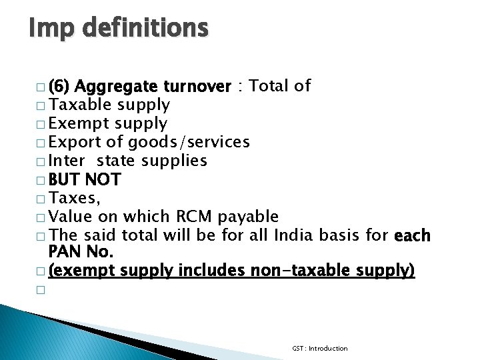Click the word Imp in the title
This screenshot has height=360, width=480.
pyautogui.click(x=52, y=29)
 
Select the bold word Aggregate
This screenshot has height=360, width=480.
pyautogui.click(x=117, y=87)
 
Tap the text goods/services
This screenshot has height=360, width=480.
pyautogui.click(x=189, y=142)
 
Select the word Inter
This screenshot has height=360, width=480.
pyautogui.click(x=68, y=161)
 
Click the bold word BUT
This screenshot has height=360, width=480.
pyautogui.click(x=65, y=179)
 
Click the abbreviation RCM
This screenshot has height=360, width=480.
pyautogui.click(x=193, y=217)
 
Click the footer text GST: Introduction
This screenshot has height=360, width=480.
pyautogui.click(x=320, y=348)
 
